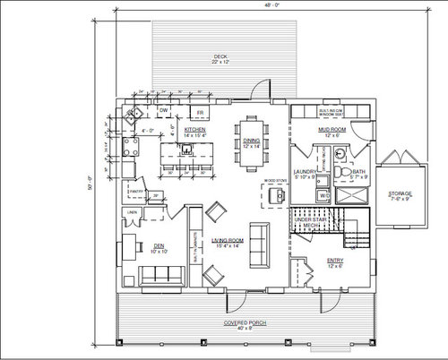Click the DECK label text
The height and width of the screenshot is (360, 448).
pyautogui.click(x=217, y=58)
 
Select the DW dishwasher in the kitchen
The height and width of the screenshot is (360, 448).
pyautogui.click(x=164, y=112)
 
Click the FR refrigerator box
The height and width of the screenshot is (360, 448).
pyautogui.click(x=201, y=112)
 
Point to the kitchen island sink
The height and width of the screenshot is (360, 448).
pyautogui.click(x=186, y=149)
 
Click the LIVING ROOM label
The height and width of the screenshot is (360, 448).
pyautogui.click(x=228, y=243)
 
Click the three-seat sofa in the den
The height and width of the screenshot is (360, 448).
pyautogui.click(x=161, y=274)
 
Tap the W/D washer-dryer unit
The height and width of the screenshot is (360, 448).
pyautogui.click(x=324, y=193)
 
